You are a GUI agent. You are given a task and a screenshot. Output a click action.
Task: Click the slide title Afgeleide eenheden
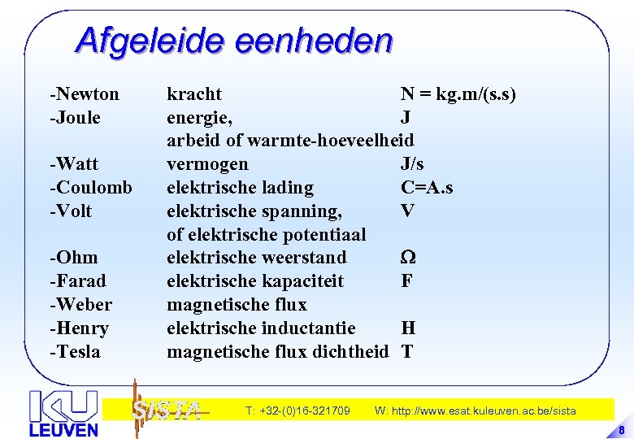234,40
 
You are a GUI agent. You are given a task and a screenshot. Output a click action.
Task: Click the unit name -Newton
85,94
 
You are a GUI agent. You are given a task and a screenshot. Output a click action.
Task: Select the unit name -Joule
76,118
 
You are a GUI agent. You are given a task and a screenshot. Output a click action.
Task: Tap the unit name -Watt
74,164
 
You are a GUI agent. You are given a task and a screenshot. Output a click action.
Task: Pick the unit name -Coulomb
91,188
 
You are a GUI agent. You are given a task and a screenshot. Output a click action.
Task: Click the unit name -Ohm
73,258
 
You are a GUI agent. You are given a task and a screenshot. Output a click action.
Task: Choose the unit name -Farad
78,281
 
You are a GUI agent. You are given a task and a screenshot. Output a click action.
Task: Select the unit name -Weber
81,305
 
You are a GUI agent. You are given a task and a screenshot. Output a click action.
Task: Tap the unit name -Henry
79,328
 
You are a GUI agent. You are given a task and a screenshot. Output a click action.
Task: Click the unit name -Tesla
76,352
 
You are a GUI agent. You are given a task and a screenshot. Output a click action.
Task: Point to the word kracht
194,94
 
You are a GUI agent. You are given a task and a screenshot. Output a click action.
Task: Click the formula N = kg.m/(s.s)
458,94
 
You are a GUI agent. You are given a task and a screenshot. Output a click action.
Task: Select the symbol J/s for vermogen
412,164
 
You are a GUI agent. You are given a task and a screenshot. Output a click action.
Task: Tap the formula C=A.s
427,188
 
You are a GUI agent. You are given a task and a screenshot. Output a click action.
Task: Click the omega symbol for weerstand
408,258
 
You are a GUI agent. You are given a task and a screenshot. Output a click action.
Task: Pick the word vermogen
207,164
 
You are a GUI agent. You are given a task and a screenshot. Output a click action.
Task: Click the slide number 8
621,430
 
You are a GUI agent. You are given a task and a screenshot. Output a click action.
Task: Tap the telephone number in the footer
297,411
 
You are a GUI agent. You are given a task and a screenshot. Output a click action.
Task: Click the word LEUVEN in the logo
63,429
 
